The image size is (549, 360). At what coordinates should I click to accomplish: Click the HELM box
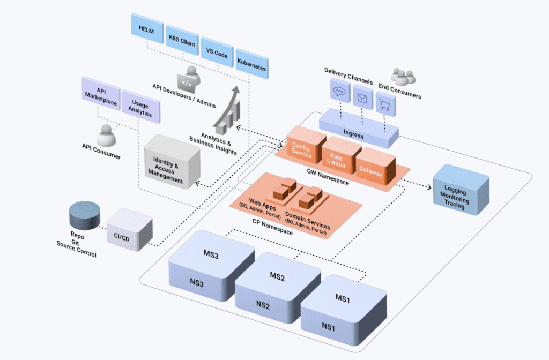click(146, 32)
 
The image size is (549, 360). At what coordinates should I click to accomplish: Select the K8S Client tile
click(182, 43)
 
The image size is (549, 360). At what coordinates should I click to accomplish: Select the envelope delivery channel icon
click(362, 98)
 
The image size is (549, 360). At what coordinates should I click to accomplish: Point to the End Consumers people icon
click(404, 76)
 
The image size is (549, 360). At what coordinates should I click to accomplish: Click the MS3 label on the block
click(210, 256)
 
